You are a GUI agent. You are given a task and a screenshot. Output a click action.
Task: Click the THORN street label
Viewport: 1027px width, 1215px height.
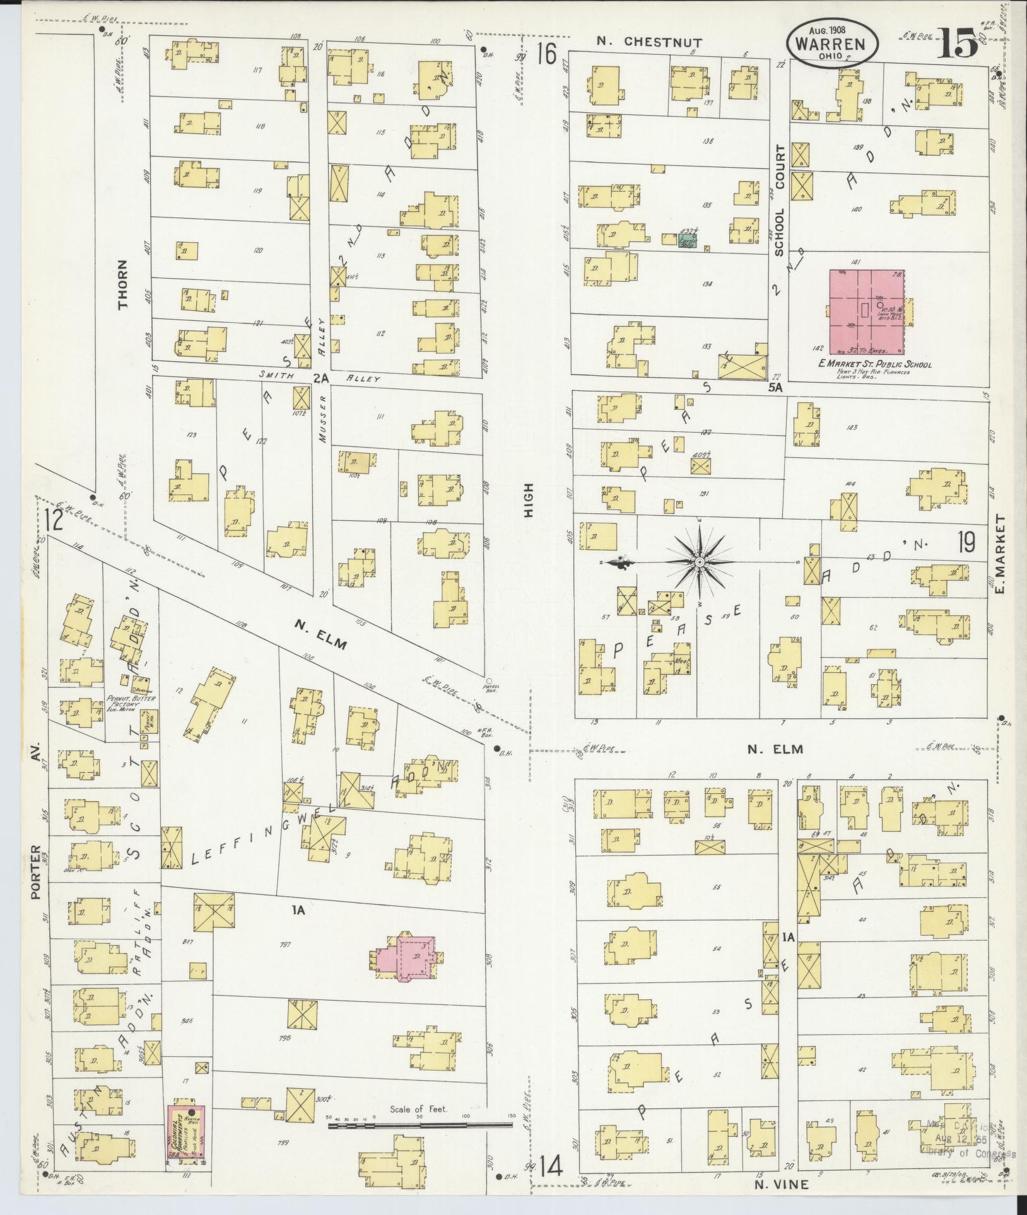[122, 284]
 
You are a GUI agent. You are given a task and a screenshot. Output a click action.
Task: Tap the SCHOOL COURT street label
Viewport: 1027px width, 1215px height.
[780, 201]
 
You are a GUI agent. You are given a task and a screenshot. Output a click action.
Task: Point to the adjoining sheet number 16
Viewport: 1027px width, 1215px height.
[547, 55]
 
